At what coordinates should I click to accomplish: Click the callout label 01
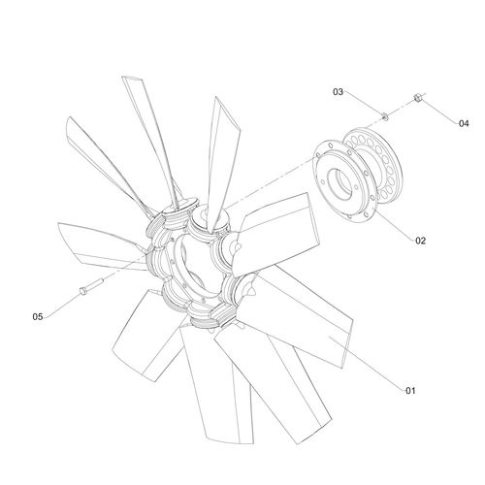pos(410,391)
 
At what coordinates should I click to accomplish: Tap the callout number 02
pos(420,241)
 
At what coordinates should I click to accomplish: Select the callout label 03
pos(338,92)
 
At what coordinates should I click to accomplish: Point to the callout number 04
pos(464,123)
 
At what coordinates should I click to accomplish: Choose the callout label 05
pos(38,316)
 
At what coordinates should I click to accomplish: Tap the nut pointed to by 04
pos(417,97)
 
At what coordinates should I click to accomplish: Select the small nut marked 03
pos(385,115)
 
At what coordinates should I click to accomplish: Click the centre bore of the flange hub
pos(339,183)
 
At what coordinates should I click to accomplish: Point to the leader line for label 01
pos(367,363)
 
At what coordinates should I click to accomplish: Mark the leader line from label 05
pos(62,305)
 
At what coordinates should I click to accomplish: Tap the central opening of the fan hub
pos(194,264)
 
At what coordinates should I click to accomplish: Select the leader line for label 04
pos(439,111)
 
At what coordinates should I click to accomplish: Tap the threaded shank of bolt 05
pos(95,283)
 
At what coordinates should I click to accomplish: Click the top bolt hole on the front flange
pos(330,145)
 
